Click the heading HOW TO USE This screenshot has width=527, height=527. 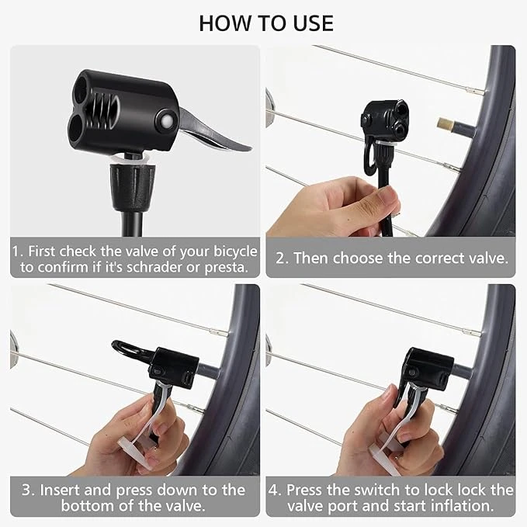[266, 23]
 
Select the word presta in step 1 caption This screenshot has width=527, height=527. [226, 268]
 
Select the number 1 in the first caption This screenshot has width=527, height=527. [16, 251]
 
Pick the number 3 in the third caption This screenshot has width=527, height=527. [27, 490]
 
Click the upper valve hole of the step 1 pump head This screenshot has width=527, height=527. [81, 90]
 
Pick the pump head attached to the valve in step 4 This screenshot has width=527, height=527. [428, 368]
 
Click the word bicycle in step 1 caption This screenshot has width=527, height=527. [235, 251]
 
